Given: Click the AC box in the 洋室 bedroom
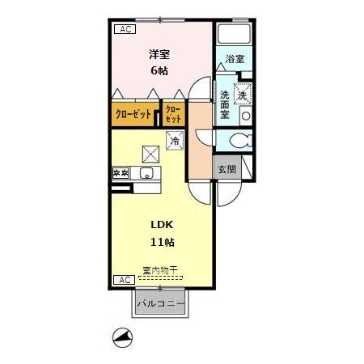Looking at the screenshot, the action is click(125, 29).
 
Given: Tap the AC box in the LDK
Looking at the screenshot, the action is click(125, 280).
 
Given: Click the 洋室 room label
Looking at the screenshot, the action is click(159, 54).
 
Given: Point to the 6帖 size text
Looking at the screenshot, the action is click(159, 70).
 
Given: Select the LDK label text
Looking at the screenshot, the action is click(162, 225).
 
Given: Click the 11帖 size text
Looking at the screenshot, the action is click(163, 242).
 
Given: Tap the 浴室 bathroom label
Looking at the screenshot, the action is click(235, 59).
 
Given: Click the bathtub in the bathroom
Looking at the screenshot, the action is click(235, 34).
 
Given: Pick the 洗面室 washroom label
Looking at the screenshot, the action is click(225, 104).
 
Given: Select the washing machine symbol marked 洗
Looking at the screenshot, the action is click(243, 94).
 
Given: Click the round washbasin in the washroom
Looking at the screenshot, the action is click(246, 116).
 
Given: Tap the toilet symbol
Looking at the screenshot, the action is click(241, 141).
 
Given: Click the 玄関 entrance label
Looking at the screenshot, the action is click(227, 169).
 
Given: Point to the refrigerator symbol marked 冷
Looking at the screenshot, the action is click(175, 140).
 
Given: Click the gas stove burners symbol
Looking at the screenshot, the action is click(121, 173).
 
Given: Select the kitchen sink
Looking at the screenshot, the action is click(146, 173).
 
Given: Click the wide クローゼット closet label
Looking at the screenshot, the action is click(133, 114).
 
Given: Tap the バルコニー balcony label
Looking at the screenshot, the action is click(161, 304).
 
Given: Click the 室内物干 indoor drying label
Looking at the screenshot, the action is click(160, 270).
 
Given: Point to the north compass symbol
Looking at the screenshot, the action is click(122, 338).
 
